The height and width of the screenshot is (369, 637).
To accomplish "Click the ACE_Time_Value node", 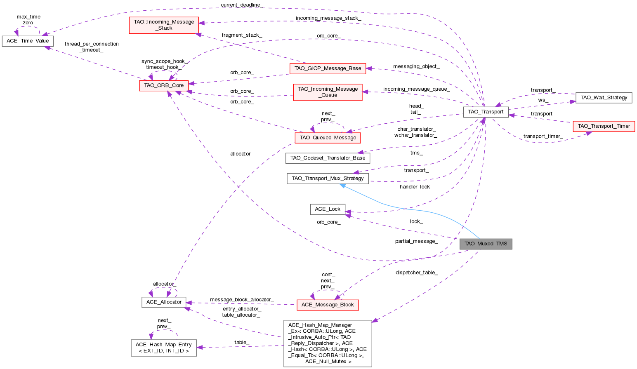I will click(28, 41).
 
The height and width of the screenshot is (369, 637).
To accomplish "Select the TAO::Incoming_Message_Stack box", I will click(164, 25).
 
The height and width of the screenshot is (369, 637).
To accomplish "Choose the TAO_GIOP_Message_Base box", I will click(328, 68).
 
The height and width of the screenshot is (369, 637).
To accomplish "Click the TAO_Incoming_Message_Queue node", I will click(328, 92).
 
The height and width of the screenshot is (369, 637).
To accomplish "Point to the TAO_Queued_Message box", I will click(328, 138).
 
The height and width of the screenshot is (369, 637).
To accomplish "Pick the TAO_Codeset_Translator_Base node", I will click(328, 158).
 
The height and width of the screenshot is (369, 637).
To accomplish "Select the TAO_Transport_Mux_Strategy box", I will click(328, 179).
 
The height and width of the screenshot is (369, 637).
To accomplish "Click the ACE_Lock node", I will click(328, 209).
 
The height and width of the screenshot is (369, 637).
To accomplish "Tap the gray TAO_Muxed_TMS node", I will click(486, 244).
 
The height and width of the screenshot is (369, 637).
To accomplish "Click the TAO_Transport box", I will click(486, 112).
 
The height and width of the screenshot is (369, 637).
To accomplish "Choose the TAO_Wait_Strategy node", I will click(604, 98).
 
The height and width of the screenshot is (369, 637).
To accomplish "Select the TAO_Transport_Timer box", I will click(604, 126).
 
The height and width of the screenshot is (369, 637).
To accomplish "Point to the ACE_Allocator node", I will click(164, 302).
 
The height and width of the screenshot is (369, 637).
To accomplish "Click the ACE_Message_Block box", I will click(328, 305).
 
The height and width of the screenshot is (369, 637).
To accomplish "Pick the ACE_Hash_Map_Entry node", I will click(164, 348).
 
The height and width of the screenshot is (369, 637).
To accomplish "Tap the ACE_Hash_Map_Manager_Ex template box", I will click(328, 343).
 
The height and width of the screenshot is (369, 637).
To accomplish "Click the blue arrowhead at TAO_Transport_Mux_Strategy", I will click(342, 186).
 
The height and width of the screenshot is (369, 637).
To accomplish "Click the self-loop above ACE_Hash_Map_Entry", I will click(164, 331).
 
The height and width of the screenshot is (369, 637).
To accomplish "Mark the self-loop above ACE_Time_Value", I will click(28, 28).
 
